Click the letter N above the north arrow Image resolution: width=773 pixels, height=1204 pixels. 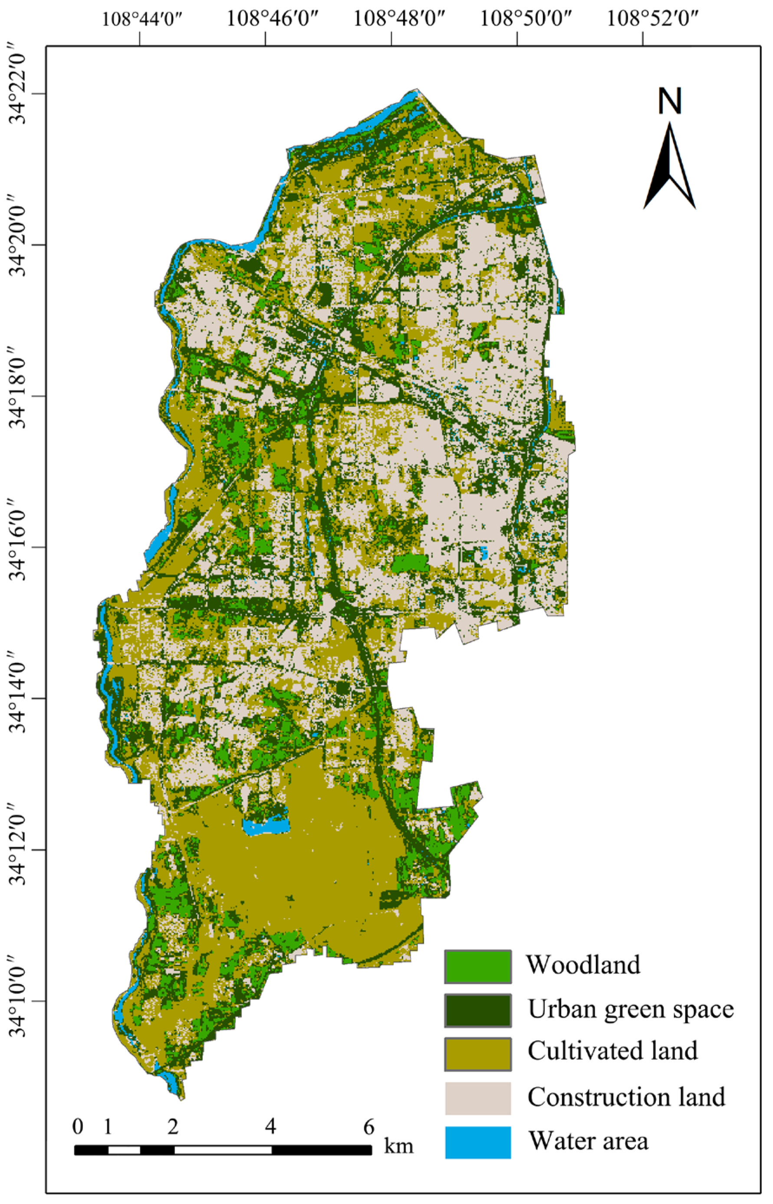click(x=670, y=102)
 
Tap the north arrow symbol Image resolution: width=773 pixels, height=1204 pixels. click(x=670, y=166)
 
